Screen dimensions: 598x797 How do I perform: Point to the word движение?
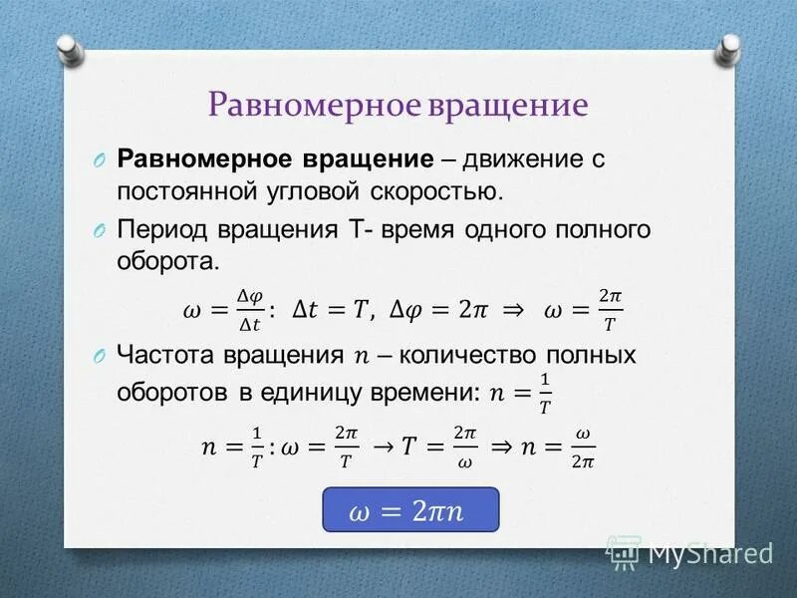click(x=521, y=159)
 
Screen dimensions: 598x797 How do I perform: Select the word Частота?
click(x=165, y=355)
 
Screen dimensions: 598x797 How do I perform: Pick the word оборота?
click(x=165, y=262)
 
